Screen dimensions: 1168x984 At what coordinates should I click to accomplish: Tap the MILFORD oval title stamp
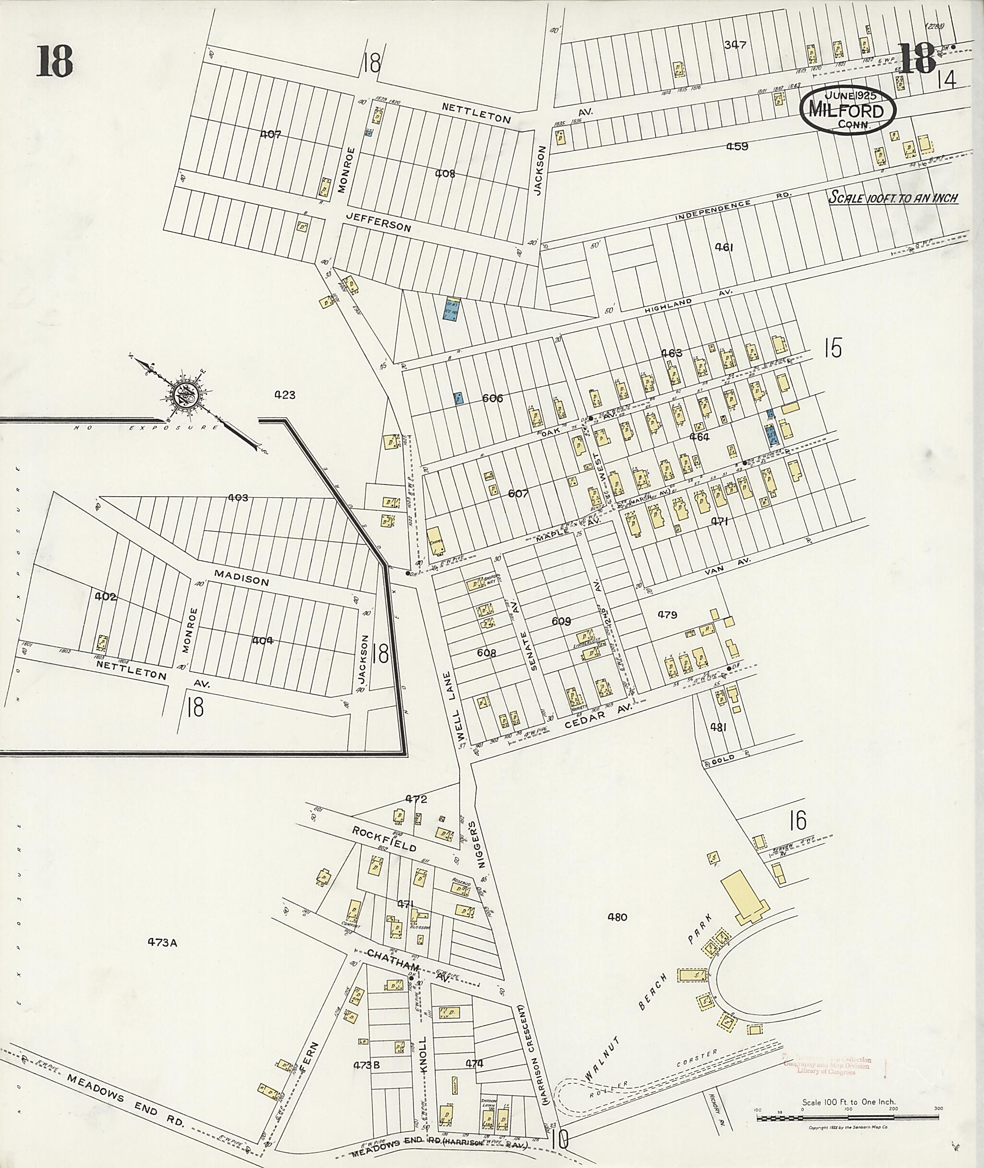848,110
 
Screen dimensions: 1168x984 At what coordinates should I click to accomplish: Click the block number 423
284,395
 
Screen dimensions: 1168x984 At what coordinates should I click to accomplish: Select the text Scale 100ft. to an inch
893,198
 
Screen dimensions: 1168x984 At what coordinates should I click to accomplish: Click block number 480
617,917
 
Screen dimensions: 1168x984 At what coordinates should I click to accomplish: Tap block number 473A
162,942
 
